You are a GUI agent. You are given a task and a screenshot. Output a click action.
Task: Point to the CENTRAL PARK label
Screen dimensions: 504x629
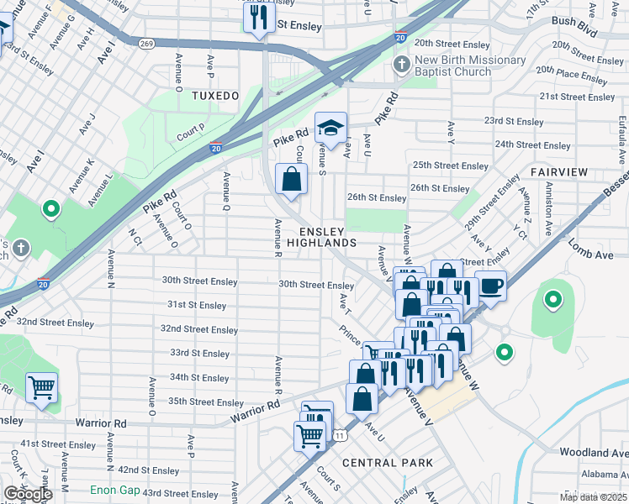[x=388, y=463]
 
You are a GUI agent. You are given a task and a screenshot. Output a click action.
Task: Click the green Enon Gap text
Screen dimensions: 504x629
[x=116, y=490]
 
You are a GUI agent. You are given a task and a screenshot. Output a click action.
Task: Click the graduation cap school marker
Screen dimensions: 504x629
[x=330, y=128]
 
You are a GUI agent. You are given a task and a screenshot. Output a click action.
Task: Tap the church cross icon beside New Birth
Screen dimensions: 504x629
[x=402, y=64]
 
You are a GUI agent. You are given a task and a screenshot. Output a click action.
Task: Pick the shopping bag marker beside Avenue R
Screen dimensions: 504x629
[x=291, y=180]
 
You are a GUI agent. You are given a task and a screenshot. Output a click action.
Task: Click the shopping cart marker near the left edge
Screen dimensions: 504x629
[x=41, y=388]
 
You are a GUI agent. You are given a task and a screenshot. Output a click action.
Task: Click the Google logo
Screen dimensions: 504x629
[x=27, y=494]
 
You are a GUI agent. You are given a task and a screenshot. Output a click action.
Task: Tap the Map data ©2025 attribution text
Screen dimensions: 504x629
[x=593, y=497]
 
